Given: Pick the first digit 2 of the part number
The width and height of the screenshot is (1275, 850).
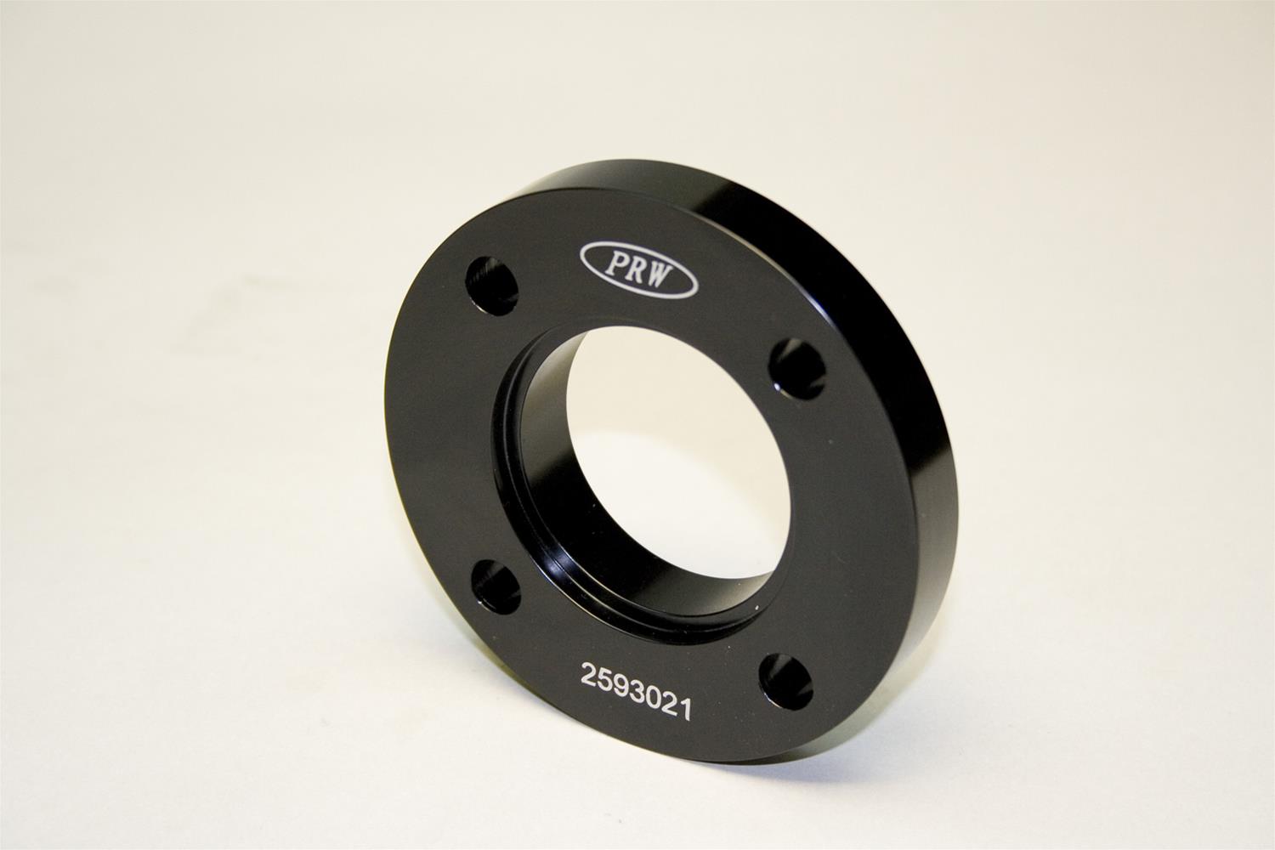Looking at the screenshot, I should click(588, 676).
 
